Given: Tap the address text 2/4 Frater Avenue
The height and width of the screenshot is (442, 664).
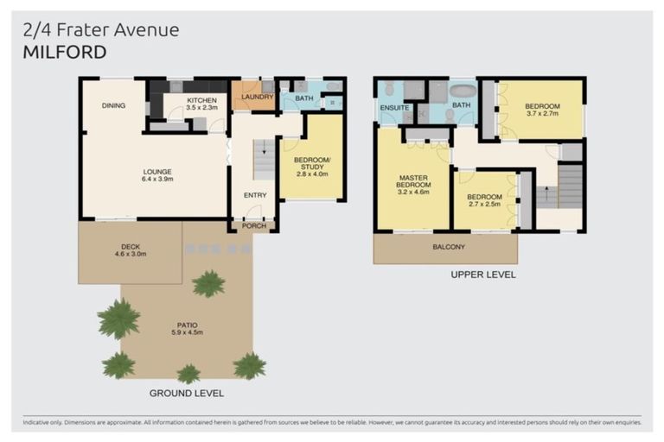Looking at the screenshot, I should tap(99, 30).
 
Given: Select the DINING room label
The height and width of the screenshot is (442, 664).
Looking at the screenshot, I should tap(113, 106).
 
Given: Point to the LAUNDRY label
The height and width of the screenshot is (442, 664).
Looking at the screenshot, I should tap(257, 98).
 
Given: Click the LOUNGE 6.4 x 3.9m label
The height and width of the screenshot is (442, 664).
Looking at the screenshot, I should tap(158, 175).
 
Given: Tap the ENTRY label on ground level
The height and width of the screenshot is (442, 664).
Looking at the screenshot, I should tap(254, 195).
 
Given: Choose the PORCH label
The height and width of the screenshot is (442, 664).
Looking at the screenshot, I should tap(254, 226).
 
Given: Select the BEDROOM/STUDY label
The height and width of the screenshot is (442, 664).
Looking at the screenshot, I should tap(309, 163).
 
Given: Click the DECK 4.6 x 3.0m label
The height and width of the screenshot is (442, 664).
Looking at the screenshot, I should tap(130, 250).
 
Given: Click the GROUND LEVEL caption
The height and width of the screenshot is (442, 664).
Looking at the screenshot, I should tap(186, 393).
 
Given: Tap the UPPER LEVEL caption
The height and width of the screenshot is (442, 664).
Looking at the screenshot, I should tap(482, 275).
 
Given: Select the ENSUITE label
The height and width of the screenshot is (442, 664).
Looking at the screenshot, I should tap(393, 108).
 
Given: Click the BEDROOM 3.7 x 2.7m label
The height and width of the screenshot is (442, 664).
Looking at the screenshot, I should tap(542, 110).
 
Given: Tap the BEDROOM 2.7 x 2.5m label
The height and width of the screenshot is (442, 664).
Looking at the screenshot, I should tap(484, 202).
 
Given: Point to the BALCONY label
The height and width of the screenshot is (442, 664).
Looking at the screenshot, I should tap(449, 247).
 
